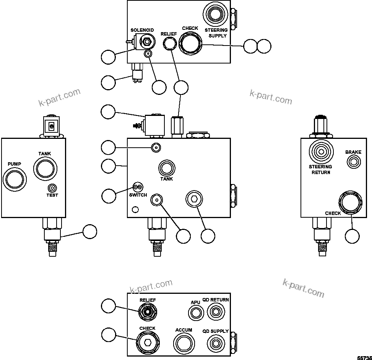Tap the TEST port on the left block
(x=52, y=188)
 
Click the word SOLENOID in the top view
(x=142, y=30)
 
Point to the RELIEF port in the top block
(x=169, y=44)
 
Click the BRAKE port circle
(x=353, y=162)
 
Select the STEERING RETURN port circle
(x=321, y=152)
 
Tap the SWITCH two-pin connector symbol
(x=137, y=187)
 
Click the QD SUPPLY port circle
(x=215, y=342)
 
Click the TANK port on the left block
(x=45, y=169)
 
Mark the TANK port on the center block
(x=166, y=168)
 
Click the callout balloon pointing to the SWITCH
(x=109, y=196)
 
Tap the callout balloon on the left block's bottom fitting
(x=90, y=231)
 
